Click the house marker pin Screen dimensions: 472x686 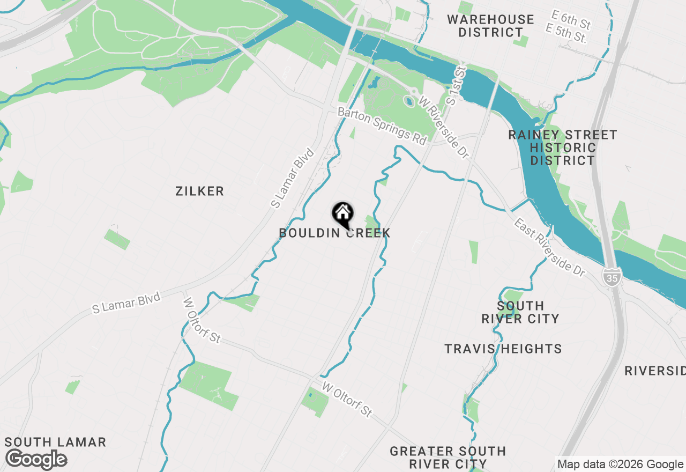click(x=342, y=214)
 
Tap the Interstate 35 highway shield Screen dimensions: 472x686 click(x=610, y=277)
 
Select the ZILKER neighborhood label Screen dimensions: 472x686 click(x=199, y=191)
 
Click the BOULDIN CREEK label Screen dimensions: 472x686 click(x=334, y=233)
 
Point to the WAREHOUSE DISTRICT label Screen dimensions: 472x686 click(x=490, y=26)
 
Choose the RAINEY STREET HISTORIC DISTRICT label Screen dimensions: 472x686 click(x=563, y=147)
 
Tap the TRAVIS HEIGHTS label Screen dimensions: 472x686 click(x=503, y=349)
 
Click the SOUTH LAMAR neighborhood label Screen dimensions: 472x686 click(x=55, y=442)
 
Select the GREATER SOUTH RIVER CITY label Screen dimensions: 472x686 click(x=448, y=458)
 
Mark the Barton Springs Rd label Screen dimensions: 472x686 click(x=382, y=126)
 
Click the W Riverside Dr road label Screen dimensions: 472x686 click(x=444, y=127)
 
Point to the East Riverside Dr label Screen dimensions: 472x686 click(x=549, y=247)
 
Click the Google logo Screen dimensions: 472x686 click(x=36, y=460)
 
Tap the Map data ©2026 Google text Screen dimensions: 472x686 click(x=620, y=464)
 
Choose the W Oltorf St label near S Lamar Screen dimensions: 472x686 click(x=202, y=320)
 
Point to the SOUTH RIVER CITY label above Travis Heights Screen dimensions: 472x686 click(x=520, y=312)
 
